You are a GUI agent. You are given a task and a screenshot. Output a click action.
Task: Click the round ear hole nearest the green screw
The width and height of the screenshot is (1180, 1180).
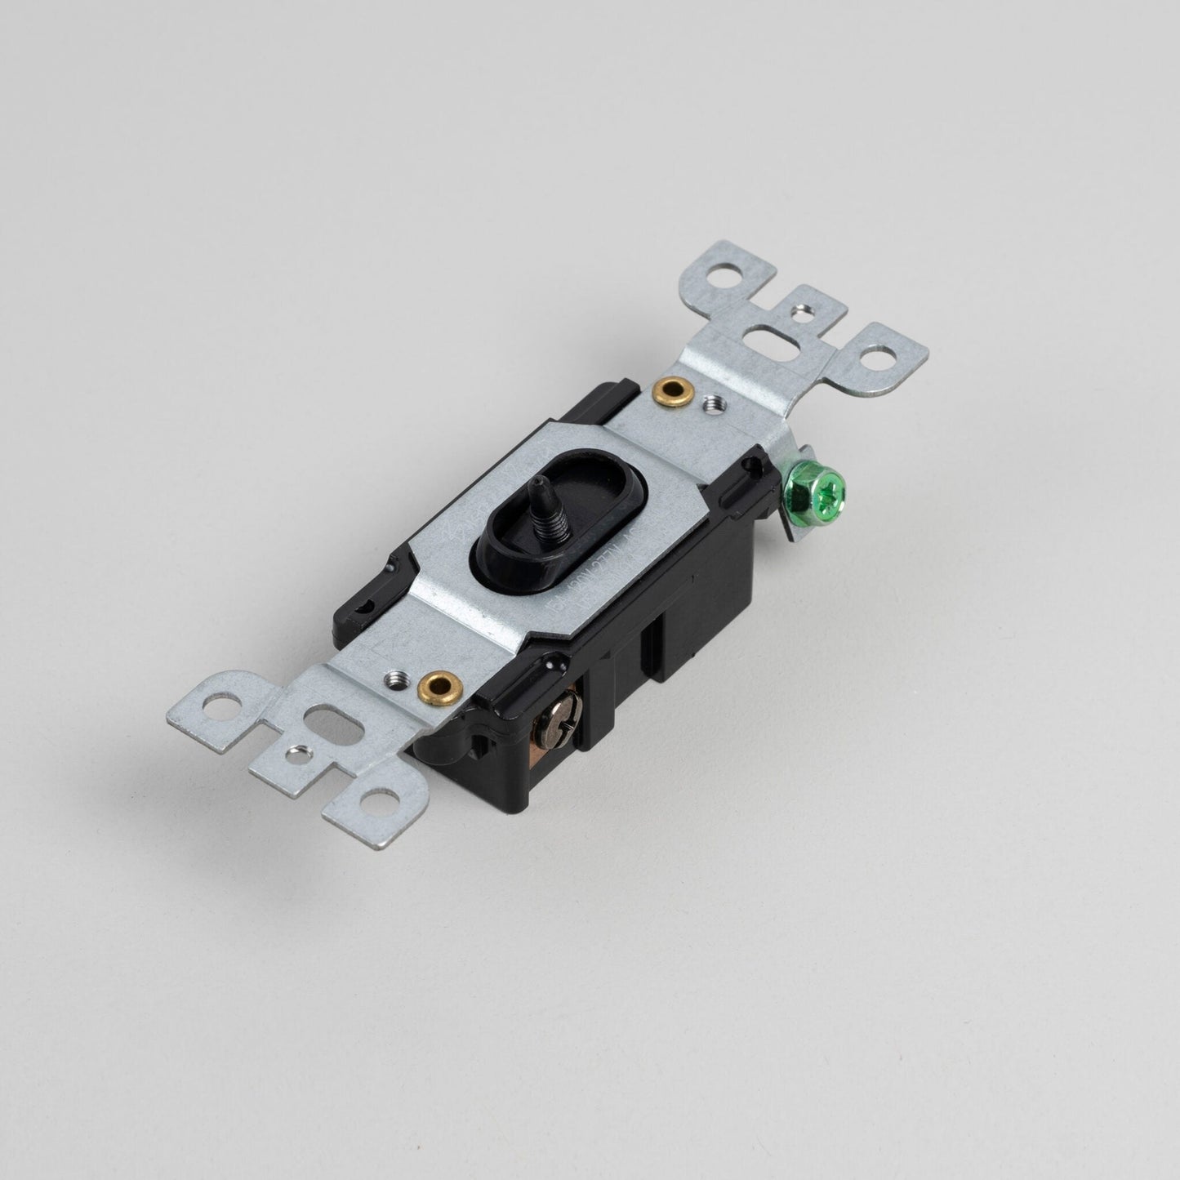click(x=880, y=356)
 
